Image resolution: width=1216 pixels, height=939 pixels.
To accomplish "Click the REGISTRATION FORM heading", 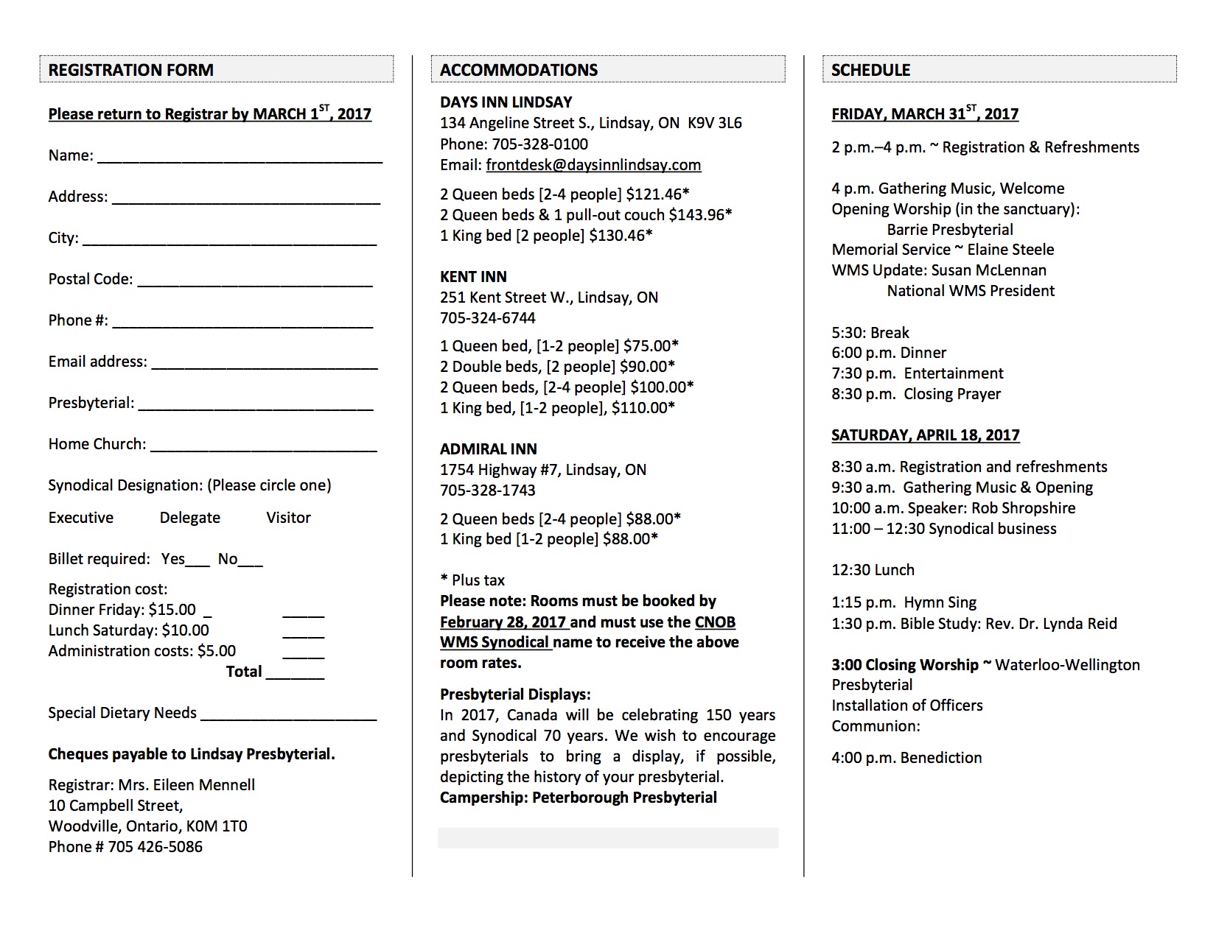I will [x=130, y=70].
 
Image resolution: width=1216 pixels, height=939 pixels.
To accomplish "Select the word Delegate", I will [x=190, y=518].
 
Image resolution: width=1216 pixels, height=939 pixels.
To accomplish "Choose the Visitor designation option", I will [x=288, y=518].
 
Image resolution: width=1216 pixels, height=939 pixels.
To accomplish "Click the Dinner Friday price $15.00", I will [x=172, y=610].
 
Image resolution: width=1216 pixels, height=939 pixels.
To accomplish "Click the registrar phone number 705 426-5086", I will [x=156, y=847].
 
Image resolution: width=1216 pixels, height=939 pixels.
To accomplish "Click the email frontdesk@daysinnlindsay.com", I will [x=593, y=165].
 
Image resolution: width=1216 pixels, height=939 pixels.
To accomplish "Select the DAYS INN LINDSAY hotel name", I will [x=506, y=102].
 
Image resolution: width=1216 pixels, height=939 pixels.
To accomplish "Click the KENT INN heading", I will [x=473, y=277].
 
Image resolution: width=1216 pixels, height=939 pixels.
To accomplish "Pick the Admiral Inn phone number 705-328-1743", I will [x=488, y=490].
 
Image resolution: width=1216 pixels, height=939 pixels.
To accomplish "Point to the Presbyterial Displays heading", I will [x=515, y=694].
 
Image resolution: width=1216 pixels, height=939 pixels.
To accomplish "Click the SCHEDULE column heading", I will [x=870, y=70].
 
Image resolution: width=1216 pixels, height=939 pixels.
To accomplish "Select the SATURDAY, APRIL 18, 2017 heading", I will [x=925, y=435].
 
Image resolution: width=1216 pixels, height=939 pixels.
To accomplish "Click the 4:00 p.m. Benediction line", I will [x=906, y=758].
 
